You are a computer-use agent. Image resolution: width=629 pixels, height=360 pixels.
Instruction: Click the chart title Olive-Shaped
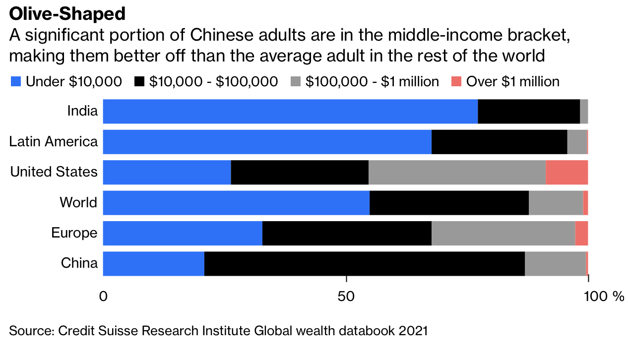[67, 14]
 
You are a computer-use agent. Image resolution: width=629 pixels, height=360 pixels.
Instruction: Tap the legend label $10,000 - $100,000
[213, 82]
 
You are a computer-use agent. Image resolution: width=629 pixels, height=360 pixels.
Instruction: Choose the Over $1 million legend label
[513, 82]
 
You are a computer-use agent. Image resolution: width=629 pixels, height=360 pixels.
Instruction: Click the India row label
[82, 111]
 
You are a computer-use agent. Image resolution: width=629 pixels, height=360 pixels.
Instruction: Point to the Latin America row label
[54, 142]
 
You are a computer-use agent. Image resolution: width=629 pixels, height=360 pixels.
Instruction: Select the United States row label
[54, 172]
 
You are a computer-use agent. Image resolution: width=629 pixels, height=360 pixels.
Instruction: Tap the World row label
[78, 202]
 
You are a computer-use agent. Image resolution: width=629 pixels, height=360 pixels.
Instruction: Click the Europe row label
[74, 233]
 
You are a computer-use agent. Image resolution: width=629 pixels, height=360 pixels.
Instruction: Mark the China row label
[79, 263]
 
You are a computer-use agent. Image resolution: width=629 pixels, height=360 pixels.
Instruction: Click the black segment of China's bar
[365, 263]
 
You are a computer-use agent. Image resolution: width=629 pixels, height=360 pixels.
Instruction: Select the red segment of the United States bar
[566, 172]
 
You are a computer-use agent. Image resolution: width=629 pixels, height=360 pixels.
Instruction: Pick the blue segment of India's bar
[290, 111]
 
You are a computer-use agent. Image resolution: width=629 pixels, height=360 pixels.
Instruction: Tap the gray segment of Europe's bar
[503, 233]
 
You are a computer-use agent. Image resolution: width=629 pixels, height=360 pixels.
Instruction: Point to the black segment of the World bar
[449, 202]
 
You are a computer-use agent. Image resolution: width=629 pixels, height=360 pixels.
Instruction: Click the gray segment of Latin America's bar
[577, 142]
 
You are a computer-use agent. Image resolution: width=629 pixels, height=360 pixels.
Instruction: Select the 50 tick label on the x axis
[346, 297]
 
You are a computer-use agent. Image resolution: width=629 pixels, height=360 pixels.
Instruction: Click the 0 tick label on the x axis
[103, 297]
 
